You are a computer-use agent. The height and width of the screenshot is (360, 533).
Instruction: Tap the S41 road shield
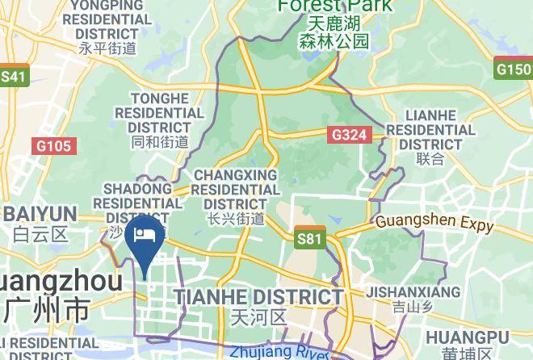(14, 77)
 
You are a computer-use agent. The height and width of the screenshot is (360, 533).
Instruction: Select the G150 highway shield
(513, 69)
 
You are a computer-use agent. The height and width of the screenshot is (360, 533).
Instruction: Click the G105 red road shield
(54, 146)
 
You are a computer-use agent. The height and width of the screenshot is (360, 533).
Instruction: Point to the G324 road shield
(350, 136)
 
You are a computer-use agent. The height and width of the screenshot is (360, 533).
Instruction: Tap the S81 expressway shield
(309, 237)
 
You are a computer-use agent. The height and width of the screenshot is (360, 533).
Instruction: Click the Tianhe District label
(258, 296)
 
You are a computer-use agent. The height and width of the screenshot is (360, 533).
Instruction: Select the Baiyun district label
(40, 214)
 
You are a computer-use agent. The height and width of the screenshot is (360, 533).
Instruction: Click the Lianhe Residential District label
(430, 130)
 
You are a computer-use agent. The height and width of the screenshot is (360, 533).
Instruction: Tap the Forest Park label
(334, 6)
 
